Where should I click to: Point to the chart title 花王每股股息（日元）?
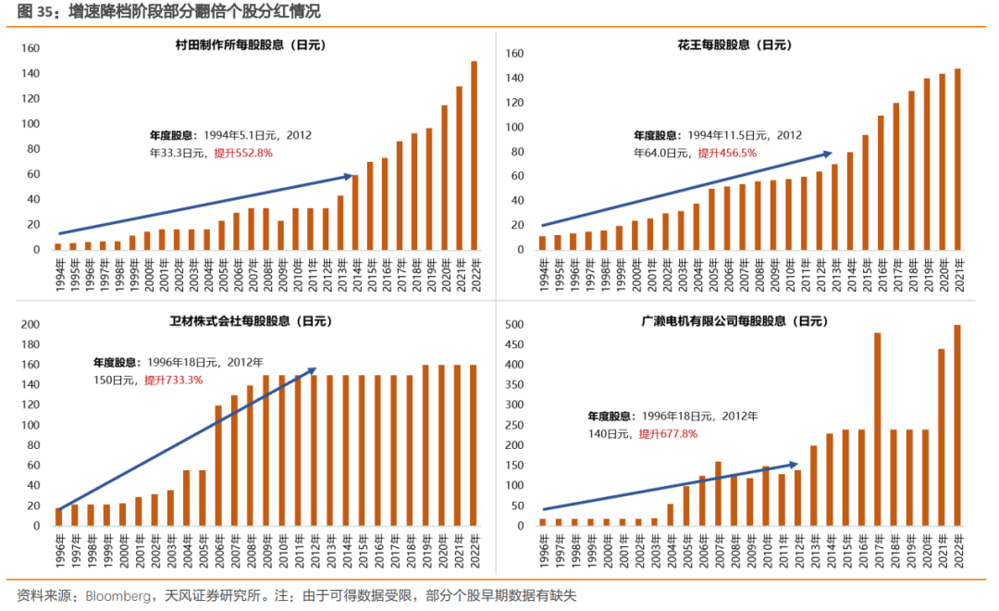[x=734, y=44]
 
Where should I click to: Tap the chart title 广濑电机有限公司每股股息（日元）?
[x=734, y=321]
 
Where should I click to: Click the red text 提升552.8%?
[x=243, y=153]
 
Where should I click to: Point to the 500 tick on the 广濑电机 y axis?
[x=514, y=325]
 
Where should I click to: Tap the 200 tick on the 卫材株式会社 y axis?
[x=29, y=325]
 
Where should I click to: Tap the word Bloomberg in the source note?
[x=117, y=595]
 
